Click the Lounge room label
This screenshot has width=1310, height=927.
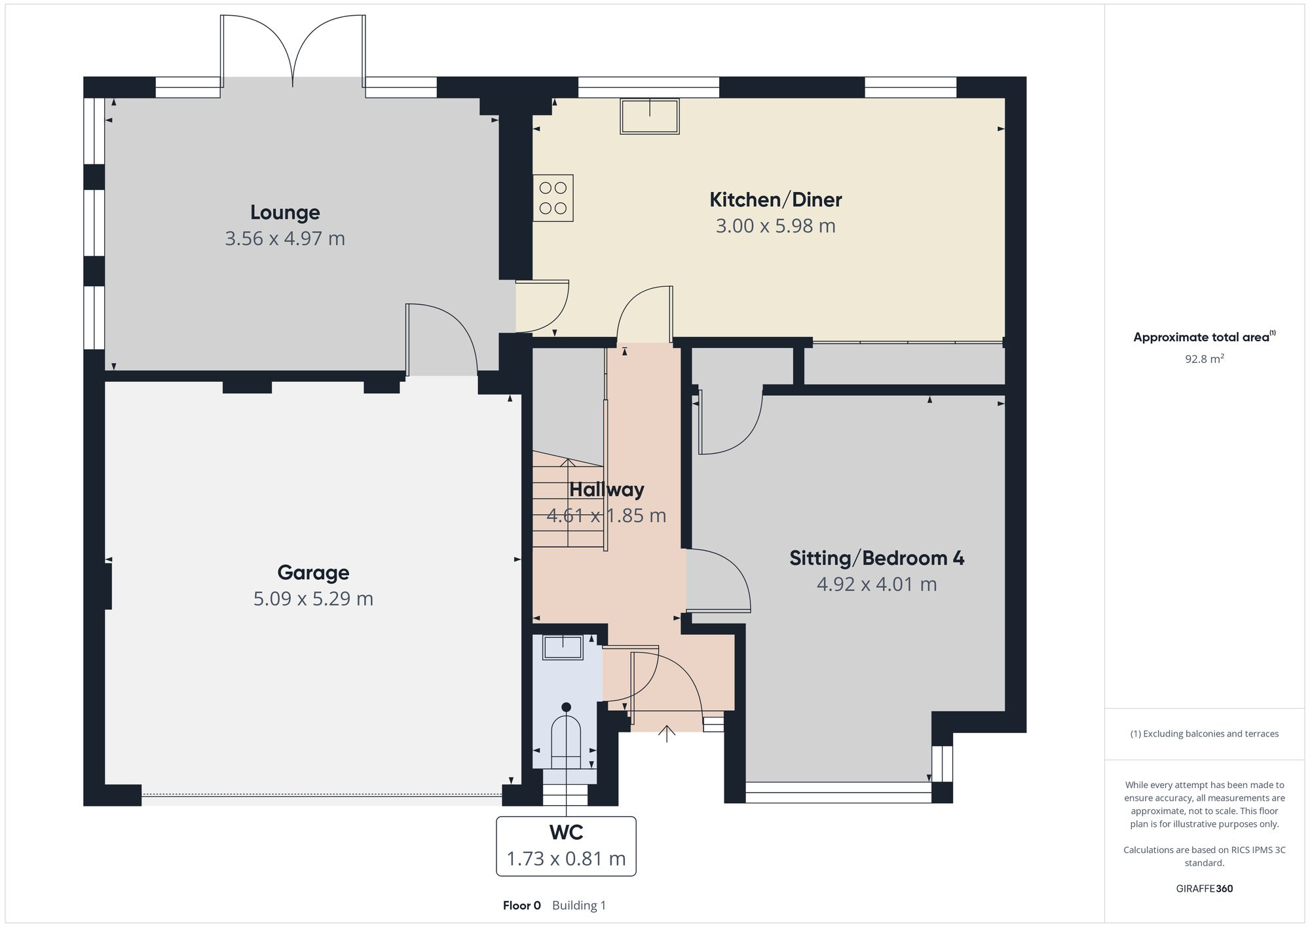click(x=285, y=212)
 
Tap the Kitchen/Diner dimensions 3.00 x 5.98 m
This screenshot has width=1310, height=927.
click(x=776, y=226)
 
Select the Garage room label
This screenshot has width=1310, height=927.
click(x=313, y=573)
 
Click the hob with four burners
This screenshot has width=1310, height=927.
click(x=553, y=198)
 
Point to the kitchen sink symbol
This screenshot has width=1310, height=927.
click(x=649, y=117)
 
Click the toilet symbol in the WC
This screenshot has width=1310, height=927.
click(x=566, y=737)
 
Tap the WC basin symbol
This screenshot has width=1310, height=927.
click(x=563, y=647)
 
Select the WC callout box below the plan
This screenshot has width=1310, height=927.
click(x=566, y=846)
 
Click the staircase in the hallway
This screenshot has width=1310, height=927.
click(x=567, y=501)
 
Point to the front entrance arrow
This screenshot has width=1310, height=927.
click(x=667, y=733)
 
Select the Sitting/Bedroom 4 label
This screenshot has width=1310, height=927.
click(x=876, y=558)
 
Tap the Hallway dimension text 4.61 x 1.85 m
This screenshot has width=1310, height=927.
click(x=607, y=516)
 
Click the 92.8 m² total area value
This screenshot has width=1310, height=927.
click(x=1204, y=359)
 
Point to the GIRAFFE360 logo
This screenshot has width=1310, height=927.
click(x=1204, y=888)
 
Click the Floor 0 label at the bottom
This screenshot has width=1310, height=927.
click(x=521, y=905)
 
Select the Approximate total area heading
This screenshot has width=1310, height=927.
click(x=1201, y=337)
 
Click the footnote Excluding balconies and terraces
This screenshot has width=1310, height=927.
click(x=1204, y=734)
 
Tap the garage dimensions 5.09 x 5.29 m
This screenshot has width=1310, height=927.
click(x=313, y=599)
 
